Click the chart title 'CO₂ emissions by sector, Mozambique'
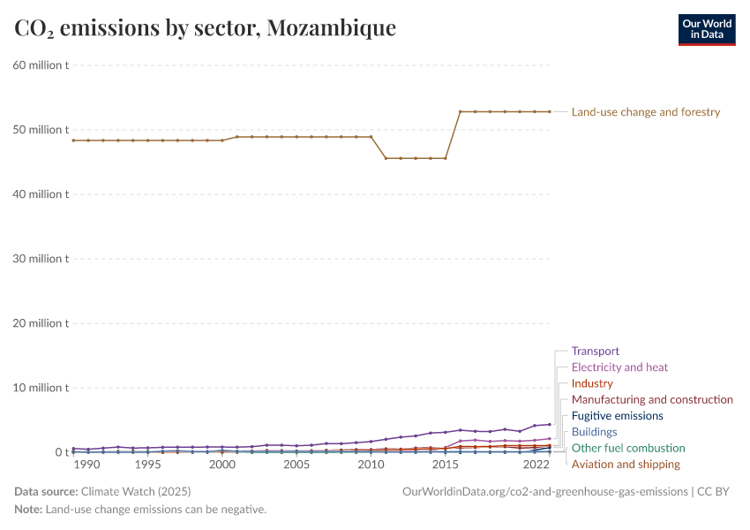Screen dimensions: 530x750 pyautogui.click(x=205, y=28)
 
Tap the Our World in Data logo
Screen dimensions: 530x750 pyautogui.click(x=706, y=29)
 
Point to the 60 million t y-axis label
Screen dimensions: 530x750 pyautogui.click(x=41, y=65)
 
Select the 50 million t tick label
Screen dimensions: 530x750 pyautogui.click(x=41, y=130)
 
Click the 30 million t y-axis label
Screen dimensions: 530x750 pyautogui.click(x=41, y=259)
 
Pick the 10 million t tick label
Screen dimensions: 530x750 pyautogui.click(x=41, y=388)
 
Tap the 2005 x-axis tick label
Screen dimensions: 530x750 pyautogui.click(x=296, y=465)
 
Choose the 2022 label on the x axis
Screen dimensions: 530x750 pyautogui.click(x=536, y=465)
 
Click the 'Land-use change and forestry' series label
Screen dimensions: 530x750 pyautogui.click(x=646, y=112)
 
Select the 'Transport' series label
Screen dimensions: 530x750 pyautogui.click(x=596, y=351)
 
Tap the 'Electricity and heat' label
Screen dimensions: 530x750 pyautogui.click(x=619, y=367)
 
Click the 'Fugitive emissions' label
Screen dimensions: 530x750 pyautogui.click(x=617, y=416)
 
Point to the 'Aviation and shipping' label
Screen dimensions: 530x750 pyautogui.click(x=626, y=465)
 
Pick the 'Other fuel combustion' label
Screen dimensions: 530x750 pyautogui.click(x=628, y=449)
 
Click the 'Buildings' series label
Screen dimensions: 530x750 pyautogui.click(x=594, y=432)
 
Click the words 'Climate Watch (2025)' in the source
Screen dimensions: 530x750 pyautogui.click(x=134, y=491)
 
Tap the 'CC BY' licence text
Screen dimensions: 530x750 pyautogui.click(x=715, y=491)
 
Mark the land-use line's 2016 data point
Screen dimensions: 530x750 pyautogui.click(x=461, y=112)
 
